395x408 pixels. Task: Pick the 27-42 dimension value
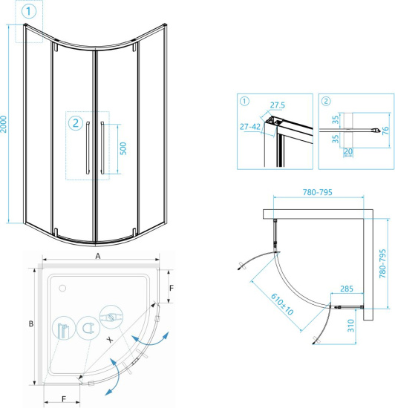(251, 127)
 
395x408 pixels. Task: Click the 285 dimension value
(346, 288)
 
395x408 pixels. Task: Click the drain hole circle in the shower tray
(63, 286)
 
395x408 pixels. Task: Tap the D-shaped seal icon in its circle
(86, 326)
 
